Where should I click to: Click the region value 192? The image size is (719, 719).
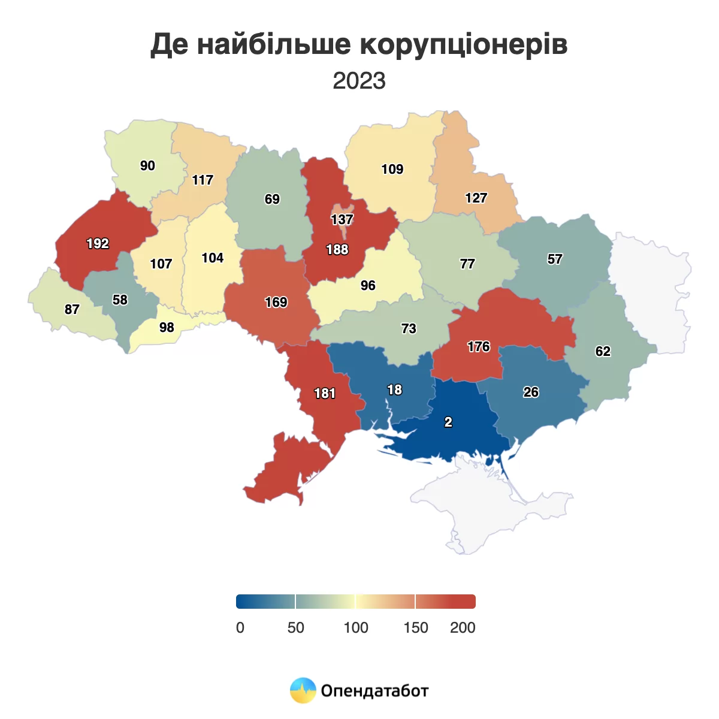click(98, 243)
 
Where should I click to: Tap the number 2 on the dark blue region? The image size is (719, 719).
click(448, 422)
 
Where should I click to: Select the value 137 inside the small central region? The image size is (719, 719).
click(342, 219)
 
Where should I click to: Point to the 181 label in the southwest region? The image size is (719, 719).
click(325, 393)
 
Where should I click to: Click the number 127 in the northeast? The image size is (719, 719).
click(476, 198)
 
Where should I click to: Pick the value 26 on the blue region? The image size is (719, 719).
click(531, 392)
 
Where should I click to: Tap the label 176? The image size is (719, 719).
click(479, 346)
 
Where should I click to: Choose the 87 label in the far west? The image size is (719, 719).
click(72, 309)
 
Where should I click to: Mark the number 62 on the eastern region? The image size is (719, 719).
click(603, 351)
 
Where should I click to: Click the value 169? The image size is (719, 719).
click(276, 302)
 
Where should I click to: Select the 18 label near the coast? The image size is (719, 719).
click(394, 389)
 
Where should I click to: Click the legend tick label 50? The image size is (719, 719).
click(296, 627)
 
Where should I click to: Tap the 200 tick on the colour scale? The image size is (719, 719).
click(463, 627)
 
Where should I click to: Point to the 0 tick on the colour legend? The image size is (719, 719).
click(240, 627)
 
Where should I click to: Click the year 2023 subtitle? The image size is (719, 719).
click(359, 80)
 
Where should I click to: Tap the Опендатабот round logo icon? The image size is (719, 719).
click(303, 690)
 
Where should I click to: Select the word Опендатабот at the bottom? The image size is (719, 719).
click(375, 691)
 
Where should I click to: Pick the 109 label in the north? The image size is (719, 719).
click(392, 169)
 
